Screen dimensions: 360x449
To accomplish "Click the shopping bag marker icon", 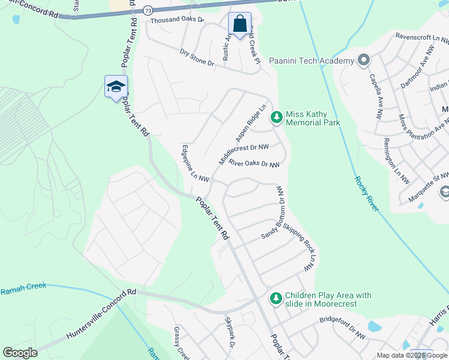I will tap(240, 25).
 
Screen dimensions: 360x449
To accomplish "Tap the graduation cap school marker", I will tap(116, 88).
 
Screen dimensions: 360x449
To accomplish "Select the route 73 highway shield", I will tap(148, 10).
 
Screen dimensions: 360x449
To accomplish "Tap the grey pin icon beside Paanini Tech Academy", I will tap(363, 61).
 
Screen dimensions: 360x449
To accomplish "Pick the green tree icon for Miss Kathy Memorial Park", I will tap(276, 118).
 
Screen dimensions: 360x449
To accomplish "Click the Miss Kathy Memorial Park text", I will tap(313, 118).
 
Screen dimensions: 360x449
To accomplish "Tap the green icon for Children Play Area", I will tap(276, 298).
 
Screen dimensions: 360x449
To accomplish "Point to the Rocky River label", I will tap(367, 193).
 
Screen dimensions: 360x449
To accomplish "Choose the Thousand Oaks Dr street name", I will tap(177, 20).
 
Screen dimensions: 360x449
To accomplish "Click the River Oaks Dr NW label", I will tap(255, 164).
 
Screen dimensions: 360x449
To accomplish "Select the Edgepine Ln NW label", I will tap(195, 163).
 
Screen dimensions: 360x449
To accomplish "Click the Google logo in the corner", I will tap(20, 353).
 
